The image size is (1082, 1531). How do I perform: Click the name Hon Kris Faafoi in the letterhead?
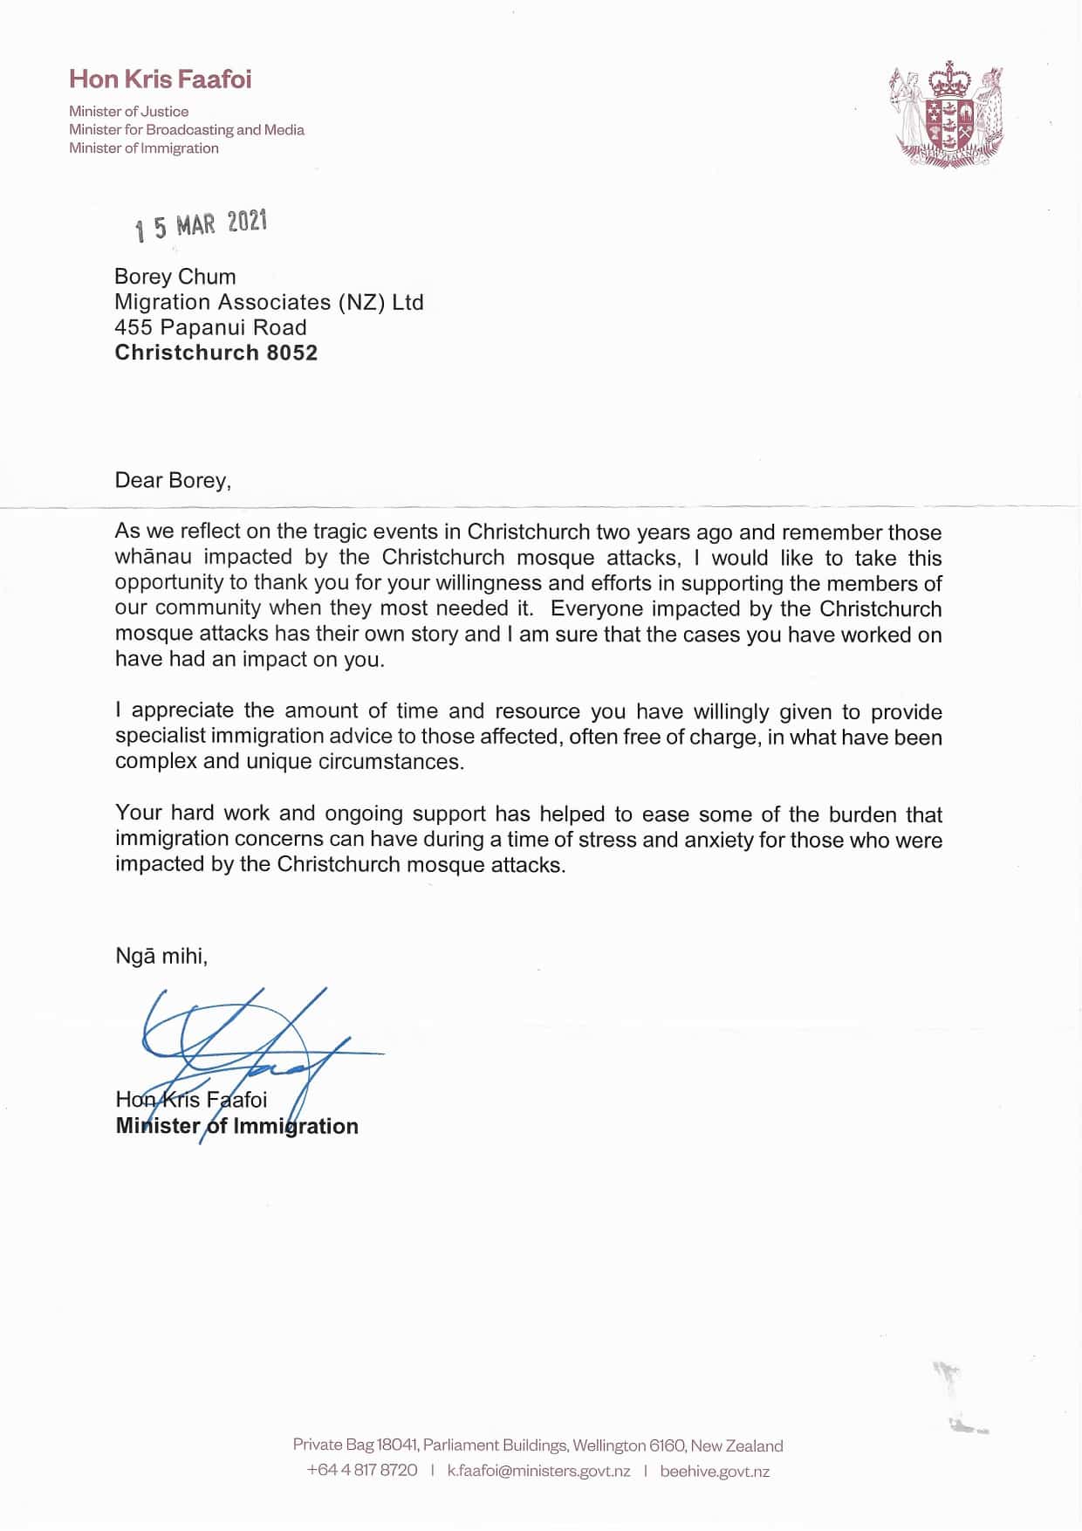[x=161, y=79]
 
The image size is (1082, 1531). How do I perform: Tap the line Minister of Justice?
[x=129, y=112]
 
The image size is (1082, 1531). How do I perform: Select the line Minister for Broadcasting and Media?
[x=187, y=130]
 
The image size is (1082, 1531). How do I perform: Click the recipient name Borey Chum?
[x=175, y=277]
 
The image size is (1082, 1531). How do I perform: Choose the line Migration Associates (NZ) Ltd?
[x=269, y=302]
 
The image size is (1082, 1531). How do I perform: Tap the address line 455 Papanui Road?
[x=210, y=327]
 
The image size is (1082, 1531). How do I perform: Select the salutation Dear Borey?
[x=173, y=480]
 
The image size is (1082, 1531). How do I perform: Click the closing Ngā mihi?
[x=161, y=956]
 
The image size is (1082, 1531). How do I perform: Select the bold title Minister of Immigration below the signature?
[x=236, y=1126]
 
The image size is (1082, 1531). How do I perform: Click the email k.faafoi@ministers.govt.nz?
[x=538, y=1471]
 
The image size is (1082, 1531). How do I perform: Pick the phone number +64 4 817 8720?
[x=362, y=1471]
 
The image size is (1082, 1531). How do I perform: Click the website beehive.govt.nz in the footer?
[x=715, y=1471]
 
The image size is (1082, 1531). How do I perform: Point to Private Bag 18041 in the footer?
[x=354, y=1445]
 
